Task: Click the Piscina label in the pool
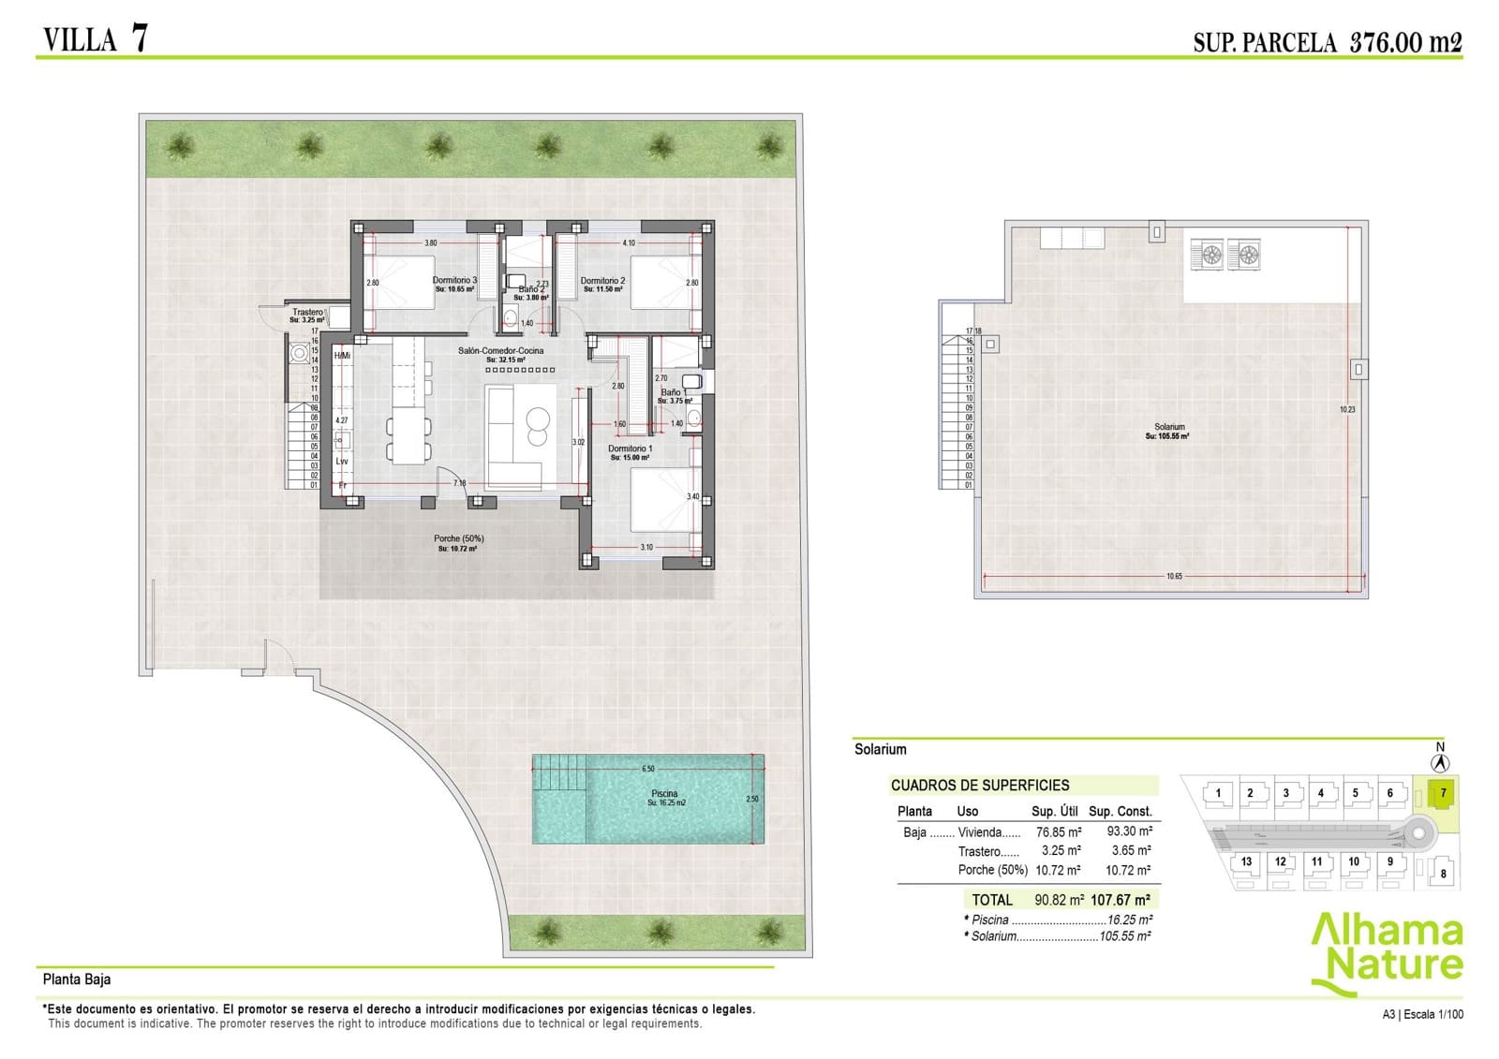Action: [664, 794]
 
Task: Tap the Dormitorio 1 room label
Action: [631, 449]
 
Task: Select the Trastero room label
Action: [307, 313]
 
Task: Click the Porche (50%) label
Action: [458, 539]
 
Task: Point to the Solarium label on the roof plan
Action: [1169, 427]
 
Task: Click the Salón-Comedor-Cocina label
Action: [500, 351]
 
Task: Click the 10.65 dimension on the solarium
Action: [1174, 577]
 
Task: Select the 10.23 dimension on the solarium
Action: [1347, 409]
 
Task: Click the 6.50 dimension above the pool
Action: [648, 769]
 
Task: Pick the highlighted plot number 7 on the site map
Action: [1443, 793]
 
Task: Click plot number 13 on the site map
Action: [1246, 861]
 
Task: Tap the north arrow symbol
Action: [1441, 763]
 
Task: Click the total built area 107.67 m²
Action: [1121, 900]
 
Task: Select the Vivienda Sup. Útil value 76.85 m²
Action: [1058, 831]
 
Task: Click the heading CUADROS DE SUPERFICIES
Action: [979, 786]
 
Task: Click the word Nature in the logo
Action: [1396, 965]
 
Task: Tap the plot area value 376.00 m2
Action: [1405, 42]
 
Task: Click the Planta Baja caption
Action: [77, 979]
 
